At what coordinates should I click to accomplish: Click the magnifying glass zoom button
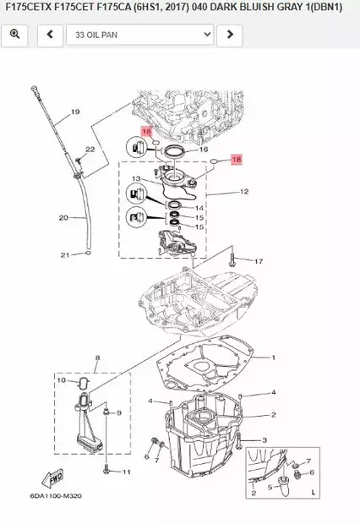point(14,35)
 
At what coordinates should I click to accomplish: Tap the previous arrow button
point(50,35)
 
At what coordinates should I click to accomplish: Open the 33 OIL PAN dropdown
point(139,35)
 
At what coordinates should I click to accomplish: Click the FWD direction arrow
point(52,478)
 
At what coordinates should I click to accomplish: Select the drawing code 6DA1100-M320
point(56,495)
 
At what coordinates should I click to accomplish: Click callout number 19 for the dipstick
point(75,112)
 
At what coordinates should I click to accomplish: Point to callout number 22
point(90,149)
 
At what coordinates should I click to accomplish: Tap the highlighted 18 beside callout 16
point(147,131)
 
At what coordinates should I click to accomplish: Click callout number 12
point(244,192)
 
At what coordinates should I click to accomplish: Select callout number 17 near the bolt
point(259,261)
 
